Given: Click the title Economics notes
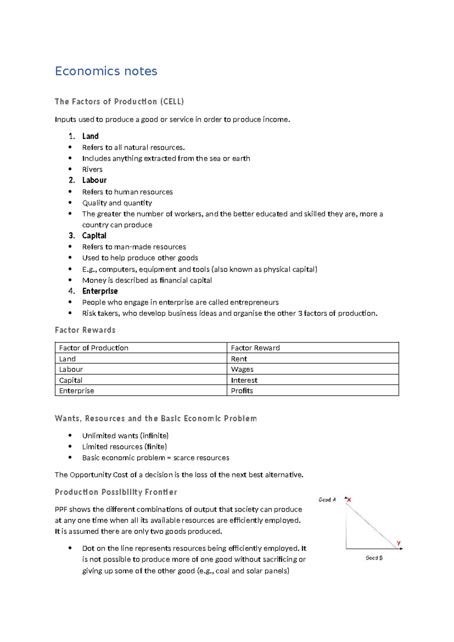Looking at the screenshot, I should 106,71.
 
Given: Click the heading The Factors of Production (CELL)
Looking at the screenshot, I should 119,101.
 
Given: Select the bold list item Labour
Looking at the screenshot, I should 94,180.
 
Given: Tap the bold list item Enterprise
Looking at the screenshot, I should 100,291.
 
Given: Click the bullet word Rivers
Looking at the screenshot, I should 92,170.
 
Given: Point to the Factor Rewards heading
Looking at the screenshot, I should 85,330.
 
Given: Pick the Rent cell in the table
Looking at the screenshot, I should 239,359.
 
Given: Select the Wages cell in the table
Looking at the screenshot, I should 242,369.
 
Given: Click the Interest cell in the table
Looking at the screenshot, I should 244,380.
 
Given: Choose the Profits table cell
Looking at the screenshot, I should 242,391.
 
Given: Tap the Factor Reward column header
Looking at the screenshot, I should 255,348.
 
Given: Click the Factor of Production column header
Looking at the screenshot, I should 93,348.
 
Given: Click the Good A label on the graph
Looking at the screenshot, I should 327,500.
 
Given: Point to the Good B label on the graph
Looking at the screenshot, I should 374,558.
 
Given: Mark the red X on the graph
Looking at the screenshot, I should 349,500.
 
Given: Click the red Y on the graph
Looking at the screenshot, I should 399,543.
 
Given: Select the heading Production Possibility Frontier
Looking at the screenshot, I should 116,492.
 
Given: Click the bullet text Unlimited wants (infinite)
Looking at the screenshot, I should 125,436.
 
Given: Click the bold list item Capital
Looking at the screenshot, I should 94,236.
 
